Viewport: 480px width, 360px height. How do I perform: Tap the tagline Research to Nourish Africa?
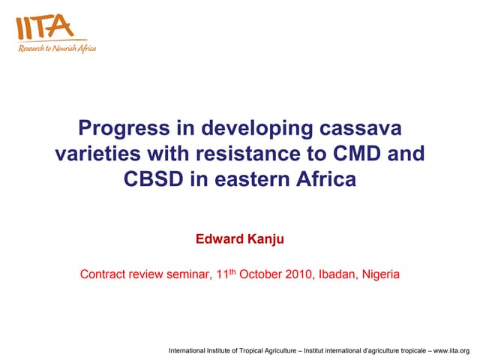tap(57, 49)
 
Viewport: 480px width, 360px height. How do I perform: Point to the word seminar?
tap(180, 274)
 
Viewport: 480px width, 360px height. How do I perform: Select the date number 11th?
tap(219, 274)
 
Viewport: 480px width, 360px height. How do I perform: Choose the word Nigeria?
tap(381, 274)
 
